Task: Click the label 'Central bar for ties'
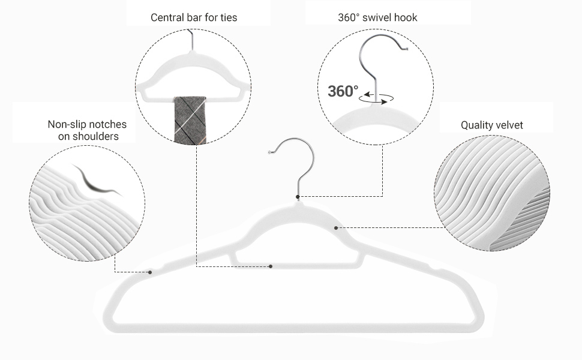[x=193, y=17]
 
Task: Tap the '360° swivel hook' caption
[x=377, y=17]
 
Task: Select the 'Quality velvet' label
[x=491, y=125]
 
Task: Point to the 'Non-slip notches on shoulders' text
[x=87, y=130]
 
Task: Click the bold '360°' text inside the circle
[x=343, y=92]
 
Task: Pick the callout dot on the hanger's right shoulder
[x=336, y=228]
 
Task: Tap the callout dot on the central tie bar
[x=271, y=266]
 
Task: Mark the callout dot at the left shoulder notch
[x=150, y=272]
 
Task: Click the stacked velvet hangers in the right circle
[x=492, y=198]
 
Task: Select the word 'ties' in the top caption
[x=227, y=17]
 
